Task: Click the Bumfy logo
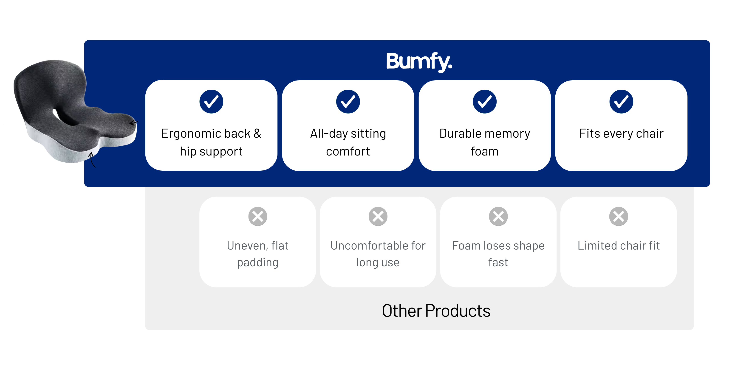coord(419,61)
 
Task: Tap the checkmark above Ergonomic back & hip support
coord(211,101)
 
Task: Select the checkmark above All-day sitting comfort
coord(348,101)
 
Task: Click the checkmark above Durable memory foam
coord(484,101)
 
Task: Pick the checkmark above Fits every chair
coord(621,101)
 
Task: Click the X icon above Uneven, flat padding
coord(258,216)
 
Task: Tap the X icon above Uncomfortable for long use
coord(378,216)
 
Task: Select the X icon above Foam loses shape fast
coord(498,216)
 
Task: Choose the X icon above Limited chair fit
coord(619,216)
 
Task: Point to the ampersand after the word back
coord(257,133)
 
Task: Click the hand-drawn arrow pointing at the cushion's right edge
coord(133,123)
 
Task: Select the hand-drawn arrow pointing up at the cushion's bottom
coord(92,160)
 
